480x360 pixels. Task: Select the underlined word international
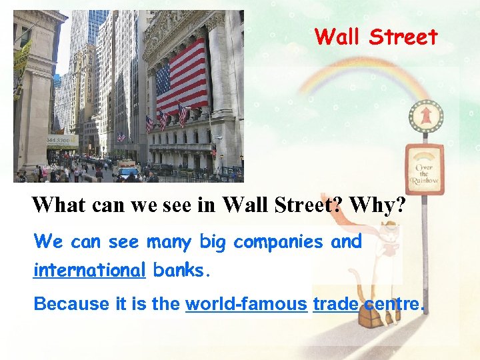pos(89,271)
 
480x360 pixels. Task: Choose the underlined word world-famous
pos(246,305)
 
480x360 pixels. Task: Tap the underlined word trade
pos(335,305)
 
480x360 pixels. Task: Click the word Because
pos(71,305)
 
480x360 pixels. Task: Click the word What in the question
pos(59,205)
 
